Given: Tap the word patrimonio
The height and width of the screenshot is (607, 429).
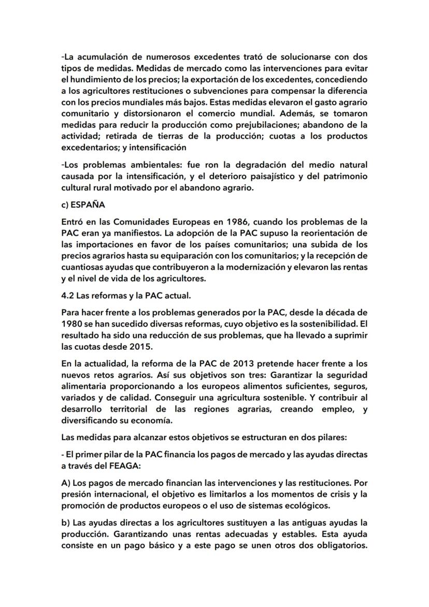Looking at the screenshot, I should point(341,176).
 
